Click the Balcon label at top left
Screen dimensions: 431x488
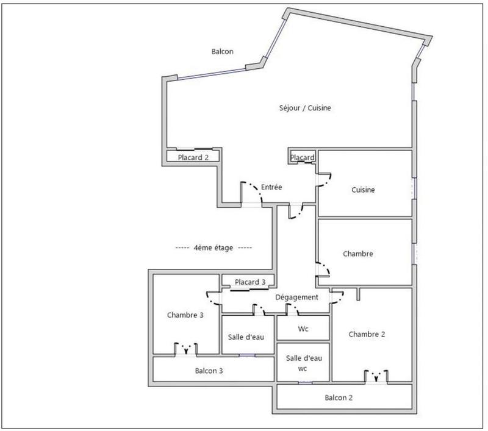(x=222, y=52)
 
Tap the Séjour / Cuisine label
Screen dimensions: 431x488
(x=305, y=108)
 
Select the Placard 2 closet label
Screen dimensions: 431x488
(x=193, y=157)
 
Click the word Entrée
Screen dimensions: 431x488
(x=271, y=187)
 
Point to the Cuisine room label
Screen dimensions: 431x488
(x=363, y=190)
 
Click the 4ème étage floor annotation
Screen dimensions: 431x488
(x=213, y=248)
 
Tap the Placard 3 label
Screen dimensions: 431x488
(x=250, y=282)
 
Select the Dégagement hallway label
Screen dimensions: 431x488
(x=297, y=297)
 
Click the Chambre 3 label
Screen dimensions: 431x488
(x=185, y=315)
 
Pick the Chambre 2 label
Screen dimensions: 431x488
(x=367, y=334)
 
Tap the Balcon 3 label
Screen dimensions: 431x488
(x=209, y=370)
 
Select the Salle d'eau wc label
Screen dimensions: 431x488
(x=303, y=363)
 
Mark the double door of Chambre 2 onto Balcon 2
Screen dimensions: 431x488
(x=376, y=376)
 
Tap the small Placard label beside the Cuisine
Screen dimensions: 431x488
(x=303, y=158)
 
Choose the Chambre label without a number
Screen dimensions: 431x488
(x=357, y=254)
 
